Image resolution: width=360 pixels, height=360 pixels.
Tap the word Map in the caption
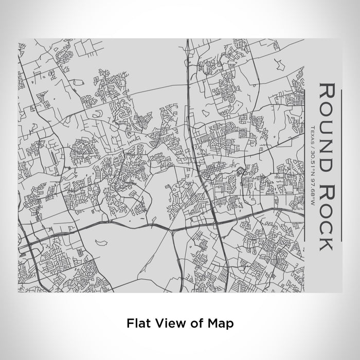222,324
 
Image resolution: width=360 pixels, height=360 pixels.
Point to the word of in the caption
194,324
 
